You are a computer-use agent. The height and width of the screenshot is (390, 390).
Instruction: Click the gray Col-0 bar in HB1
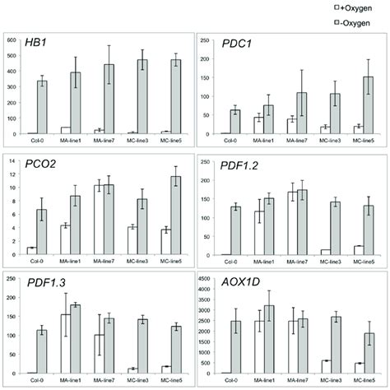click(x=47, y=107)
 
